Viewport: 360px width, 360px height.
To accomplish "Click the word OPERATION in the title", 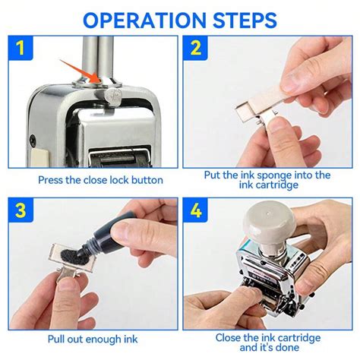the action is [144, 21].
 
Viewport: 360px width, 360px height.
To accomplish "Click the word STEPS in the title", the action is [245, 21].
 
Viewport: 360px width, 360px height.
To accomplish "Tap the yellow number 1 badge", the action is [21, 48].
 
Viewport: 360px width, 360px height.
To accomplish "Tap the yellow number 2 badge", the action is [195, 48].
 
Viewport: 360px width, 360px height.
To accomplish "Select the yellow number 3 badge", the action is [21, 210].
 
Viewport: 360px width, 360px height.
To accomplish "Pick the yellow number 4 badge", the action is [195, 210].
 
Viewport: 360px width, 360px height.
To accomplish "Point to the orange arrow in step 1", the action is [79, 71].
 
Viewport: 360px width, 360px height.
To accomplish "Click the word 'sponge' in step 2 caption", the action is [274, 175].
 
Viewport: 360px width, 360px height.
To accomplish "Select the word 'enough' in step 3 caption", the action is [103, 339].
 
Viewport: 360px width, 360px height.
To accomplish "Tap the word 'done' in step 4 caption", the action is [287, 347].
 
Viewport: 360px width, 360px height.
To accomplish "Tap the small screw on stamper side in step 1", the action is [33, 139].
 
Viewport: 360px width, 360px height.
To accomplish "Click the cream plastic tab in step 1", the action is [39, 158].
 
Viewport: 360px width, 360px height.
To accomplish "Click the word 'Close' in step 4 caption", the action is [228, 338].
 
